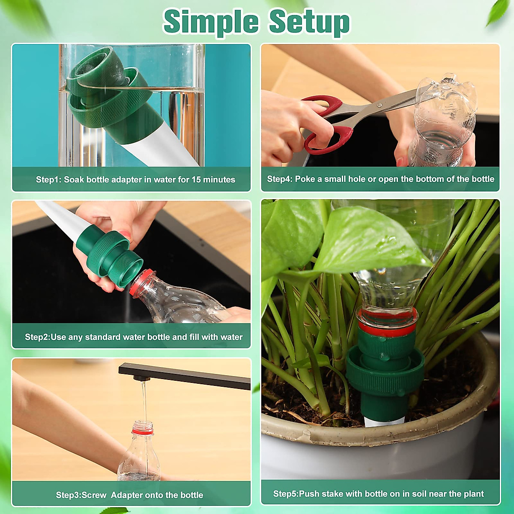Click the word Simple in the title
point(211,21)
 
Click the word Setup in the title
point(309,21)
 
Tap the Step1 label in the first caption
point(48,179)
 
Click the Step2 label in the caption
point(37,337)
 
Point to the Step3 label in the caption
point(68,495)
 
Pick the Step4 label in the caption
point(280,179)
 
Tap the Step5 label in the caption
point(286,494)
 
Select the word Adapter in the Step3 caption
point(127,495)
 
